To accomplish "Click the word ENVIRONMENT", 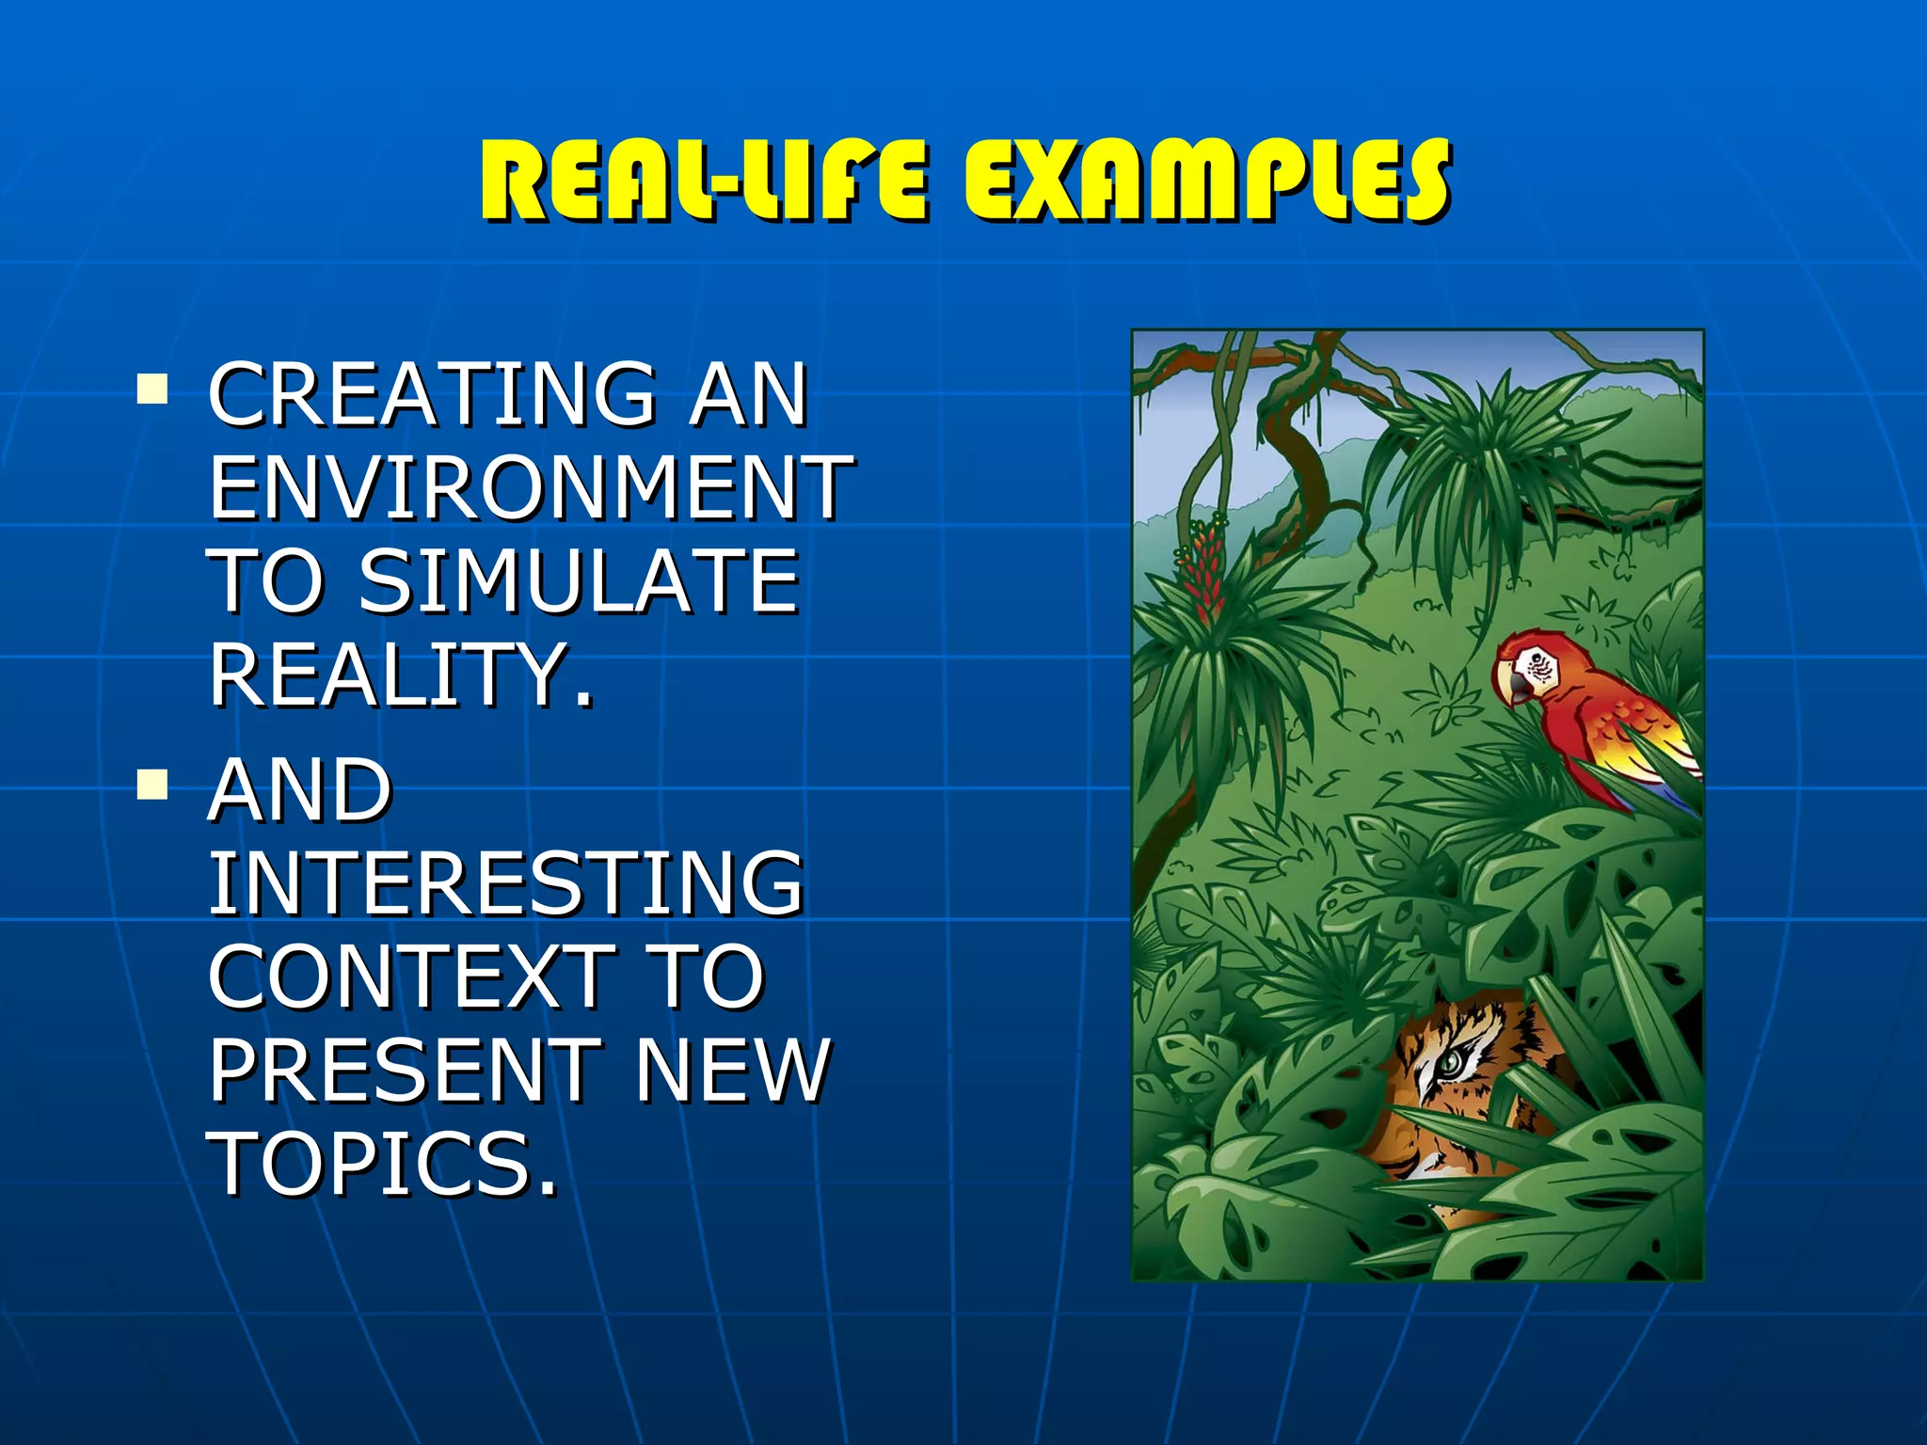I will pos(532,486).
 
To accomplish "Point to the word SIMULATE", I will pos(579,580).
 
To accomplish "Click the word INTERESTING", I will pos(506,881).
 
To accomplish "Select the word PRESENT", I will pos(405,1070).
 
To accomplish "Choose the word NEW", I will pos(733,1070).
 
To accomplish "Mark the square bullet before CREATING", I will pos(151,389).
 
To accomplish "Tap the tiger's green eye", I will pos(1450,1063).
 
